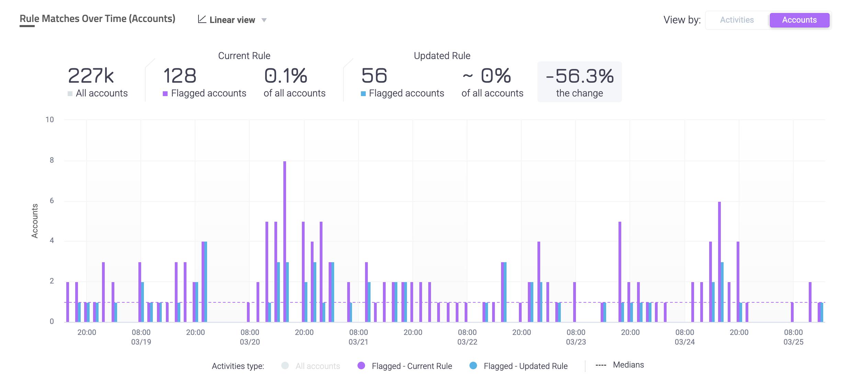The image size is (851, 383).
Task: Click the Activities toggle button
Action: (x=737, y=20)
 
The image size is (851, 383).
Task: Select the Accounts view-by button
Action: (x=799, y=20)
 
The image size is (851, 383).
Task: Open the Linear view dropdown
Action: (x=232, y=20)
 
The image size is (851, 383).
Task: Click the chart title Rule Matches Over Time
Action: (x=98, y=19)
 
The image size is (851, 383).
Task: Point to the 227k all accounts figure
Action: (x=91, y=76)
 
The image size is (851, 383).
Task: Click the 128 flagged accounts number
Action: (x=180, y=76)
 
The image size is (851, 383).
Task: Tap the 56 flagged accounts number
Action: (x=374, y=76)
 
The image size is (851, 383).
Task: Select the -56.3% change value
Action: (x=579, y=76)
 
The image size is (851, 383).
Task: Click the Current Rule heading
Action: (x=244, y=56)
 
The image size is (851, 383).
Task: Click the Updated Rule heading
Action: (x=442, y=56)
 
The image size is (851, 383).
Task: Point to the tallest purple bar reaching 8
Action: (x=285, y=240)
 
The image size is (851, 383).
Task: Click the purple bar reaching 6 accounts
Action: (x=719, y=261)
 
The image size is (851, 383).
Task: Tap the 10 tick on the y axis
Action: (x=50, y=120)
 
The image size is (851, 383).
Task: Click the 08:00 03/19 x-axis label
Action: (x=141, y=337)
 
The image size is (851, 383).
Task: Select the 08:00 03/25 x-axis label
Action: (x=793, y=337)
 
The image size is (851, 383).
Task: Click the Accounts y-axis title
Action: (x=35, y=221)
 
